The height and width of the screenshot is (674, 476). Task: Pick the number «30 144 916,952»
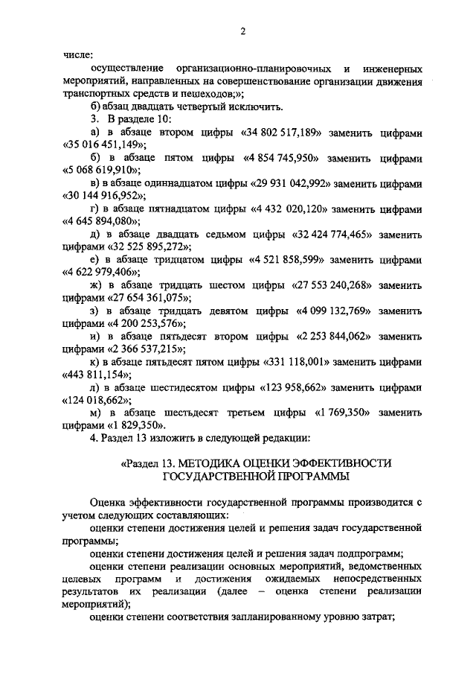point(103,196)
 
